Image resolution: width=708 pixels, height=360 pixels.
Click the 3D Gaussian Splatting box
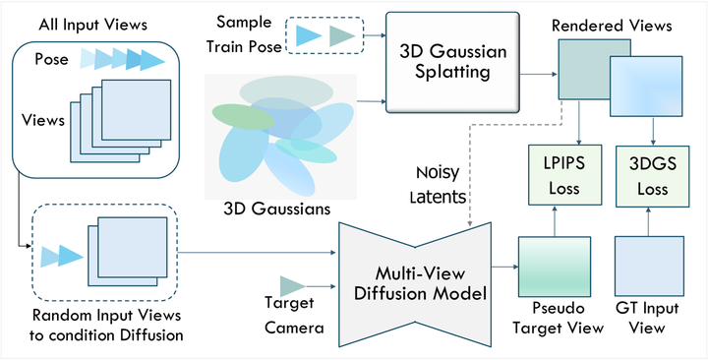coord(453,60)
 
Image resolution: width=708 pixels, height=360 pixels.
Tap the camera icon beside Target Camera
coord(293,285)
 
